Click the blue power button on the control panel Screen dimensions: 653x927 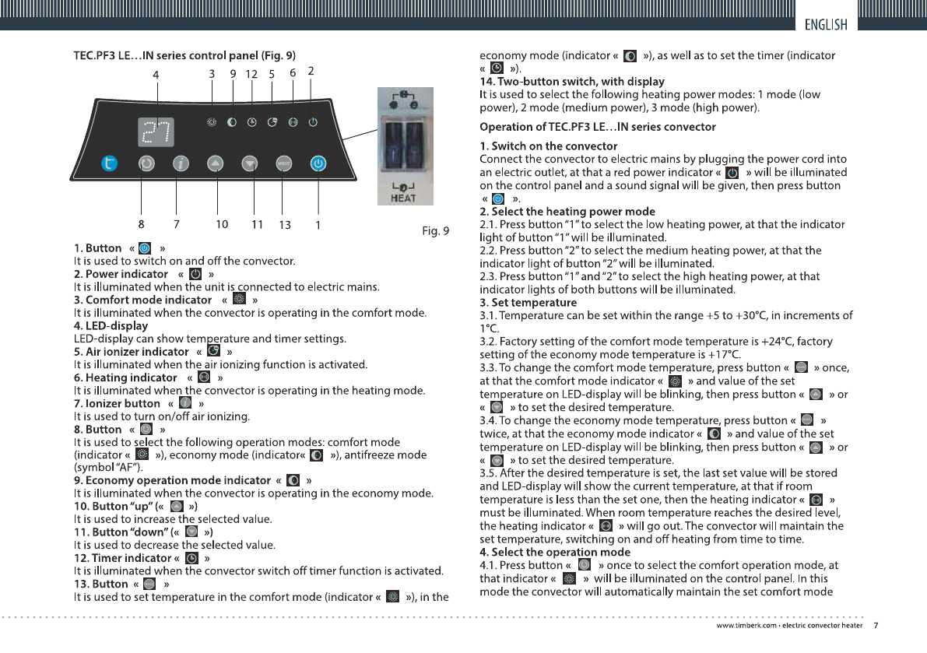point(318,164)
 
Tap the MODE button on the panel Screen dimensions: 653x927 point(283,164)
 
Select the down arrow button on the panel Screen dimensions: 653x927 point(248,164)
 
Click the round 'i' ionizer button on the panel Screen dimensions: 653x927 point(181,164)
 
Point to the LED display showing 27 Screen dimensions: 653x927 point(156,133)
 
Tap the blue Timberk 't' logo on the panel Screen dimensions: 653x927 point(111,163)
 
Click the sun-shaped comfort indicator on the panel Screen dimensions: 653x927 point(212,123)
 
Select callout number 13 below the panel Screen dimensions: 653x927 point(284,225)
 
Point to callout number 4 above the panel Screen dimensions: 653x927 point(156,75)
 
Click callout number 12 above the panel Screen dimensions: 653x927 point(251,74)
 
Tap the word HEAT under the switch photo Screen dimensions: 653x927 point(402,198)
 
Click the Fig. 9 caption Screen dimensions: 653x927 point(435,230)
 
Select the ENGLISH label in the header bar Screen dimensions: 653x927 point(826,24)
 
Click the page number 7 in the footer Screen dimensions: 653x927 point(876,625)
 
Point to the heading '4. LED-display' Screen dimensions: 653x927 point(111,325)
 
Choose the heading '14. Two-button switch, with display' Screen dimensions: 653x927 point(572,81)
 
